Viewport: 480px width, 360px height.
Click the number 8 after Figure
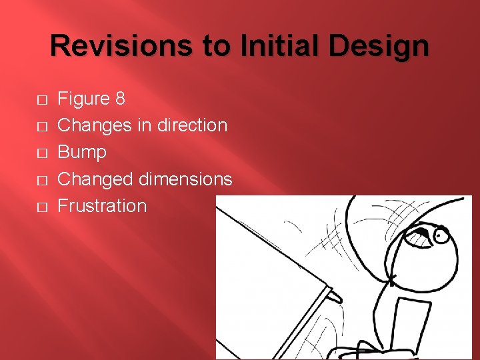120,99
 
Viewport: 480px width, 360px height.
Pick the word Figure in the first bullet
84,99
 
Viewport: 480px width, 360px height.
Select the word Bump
82,152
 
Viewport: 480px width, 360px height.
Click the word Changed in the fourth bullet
96,179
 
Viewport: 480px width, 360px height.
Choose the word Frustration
102,205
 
